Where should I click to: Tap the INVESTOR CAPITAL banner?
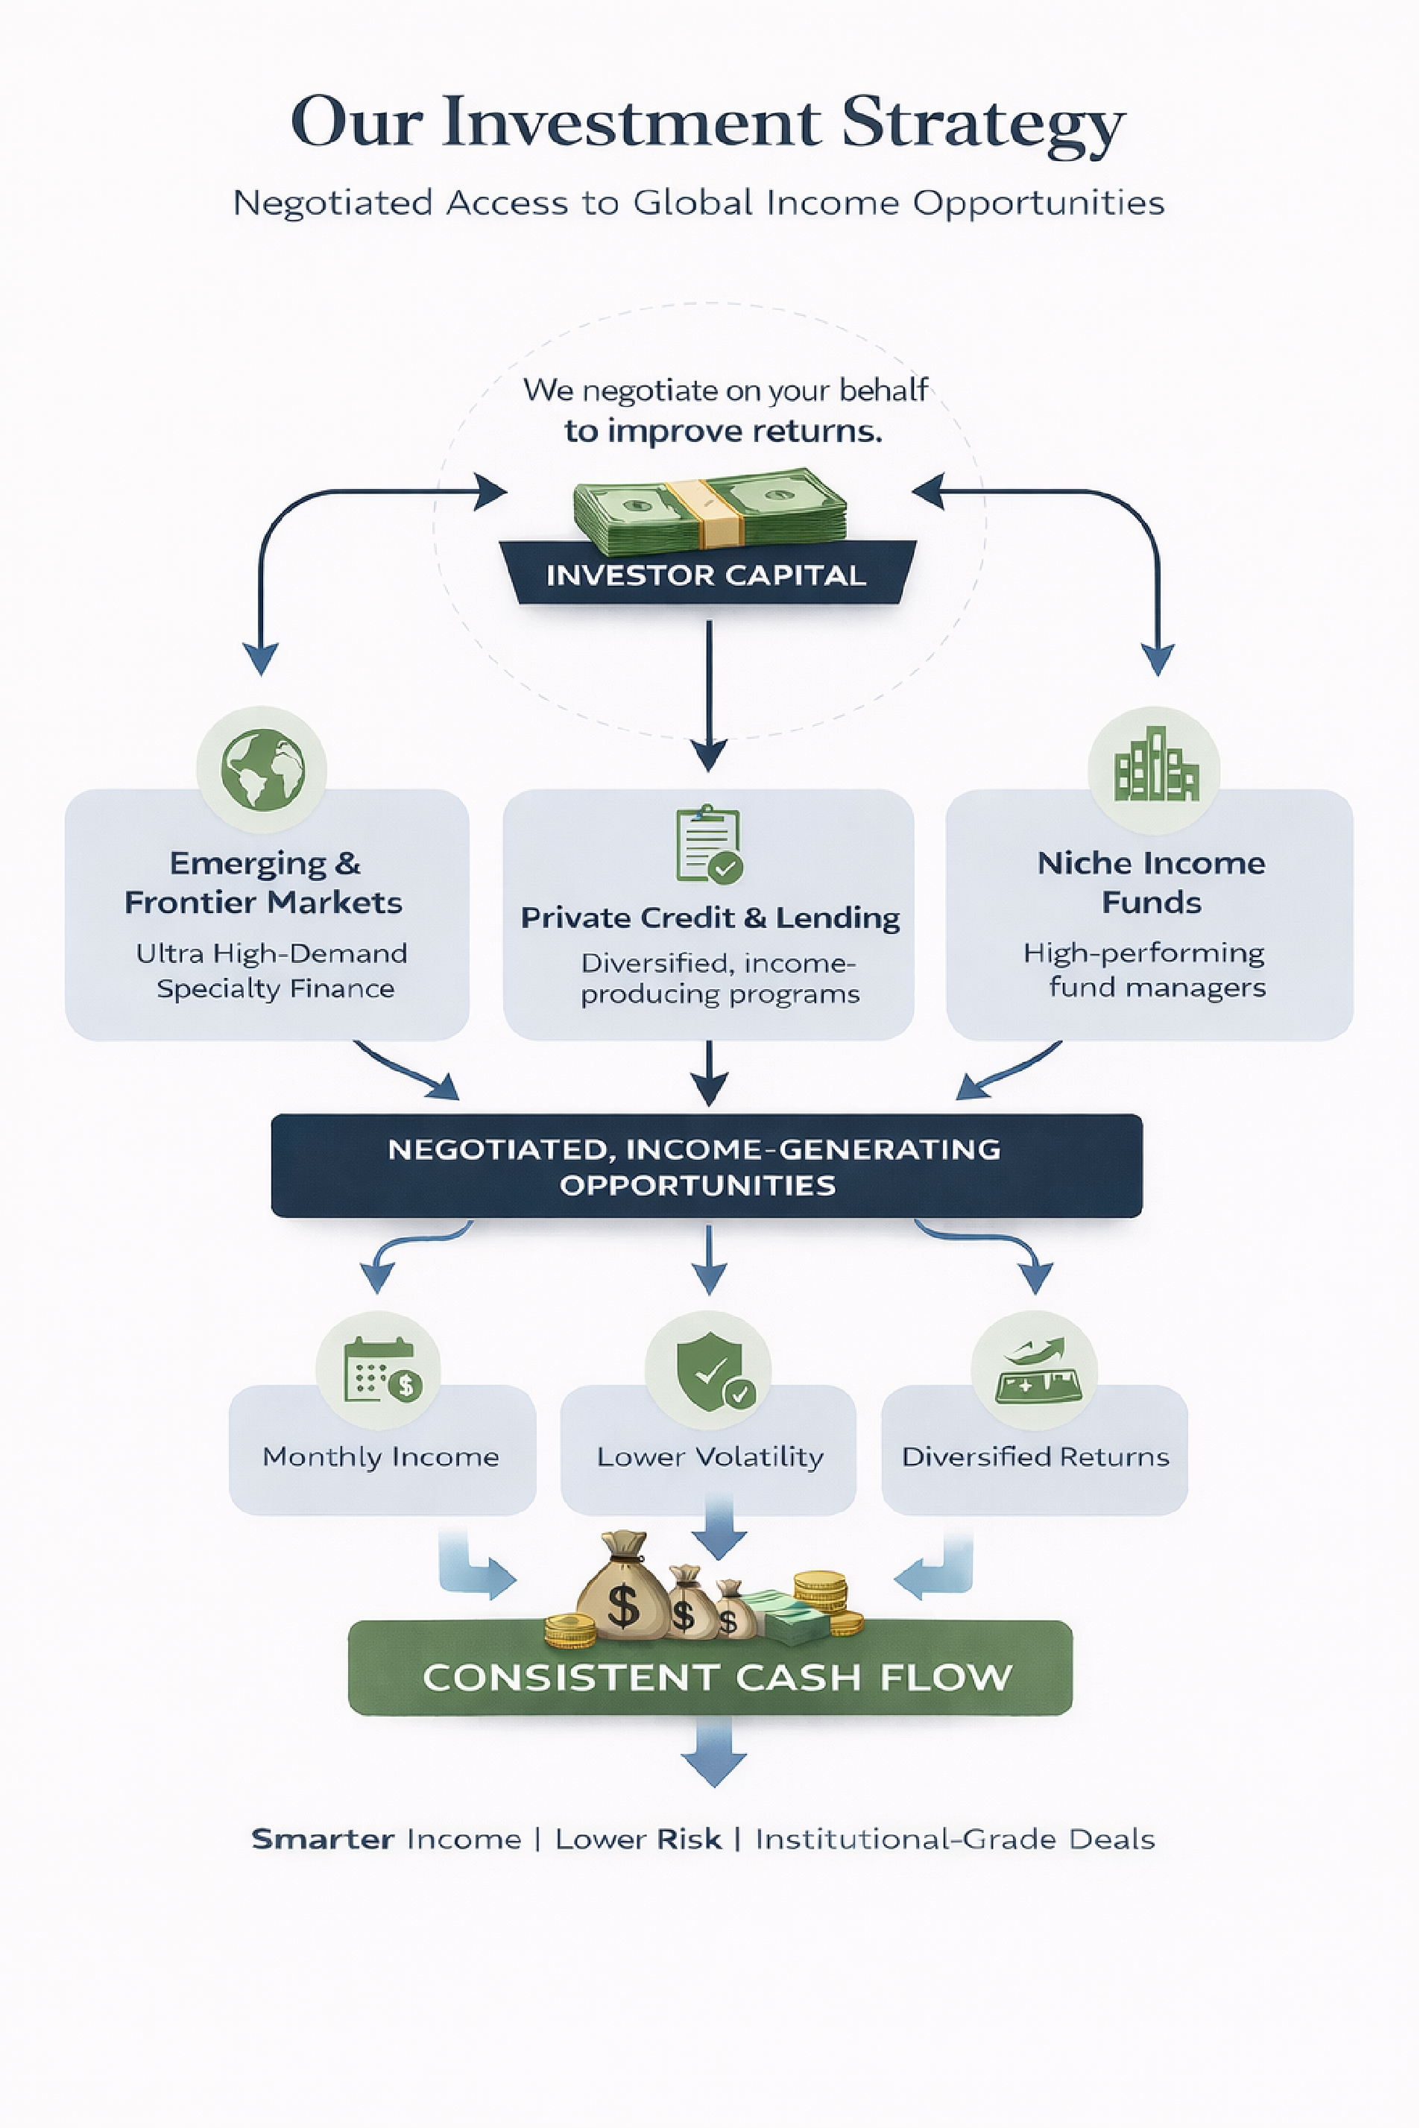[x=707, y=575]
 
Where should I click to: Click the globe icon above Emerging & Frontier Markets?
[x=262, y=770]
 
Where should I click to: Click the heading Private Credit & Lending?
[x=710, y=918]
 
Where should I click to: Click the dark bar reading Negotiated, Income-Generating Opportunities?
[x=707, y=1166]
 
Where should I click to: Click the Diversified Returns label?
[x=1035, y=1457]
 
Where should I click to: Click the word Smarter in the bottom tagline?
[x=323, y=1839]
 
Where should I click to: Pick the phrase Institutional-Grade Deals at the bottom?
[x=955, y=1839]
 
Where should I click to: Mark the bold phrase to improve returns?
[x=723, y=431]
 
